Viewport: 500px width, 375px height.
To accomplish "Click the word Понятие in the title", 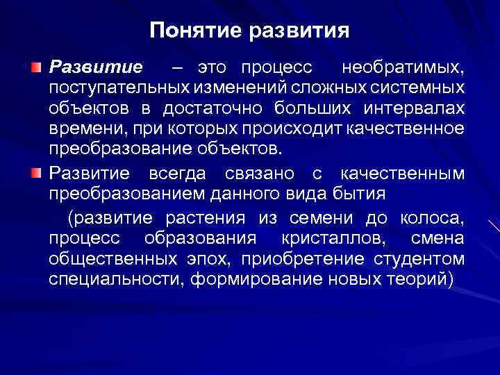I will (188, 31).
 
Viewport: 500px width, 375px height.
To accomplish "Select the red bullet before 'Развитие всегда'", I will (36, 172).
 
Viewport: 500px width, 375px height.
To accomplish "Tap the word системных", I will (421, 89).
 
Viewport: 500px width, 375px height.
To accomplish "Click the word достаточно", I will (213, 110).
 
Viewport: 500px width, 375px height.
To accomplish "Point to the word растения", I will (206, 219).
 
